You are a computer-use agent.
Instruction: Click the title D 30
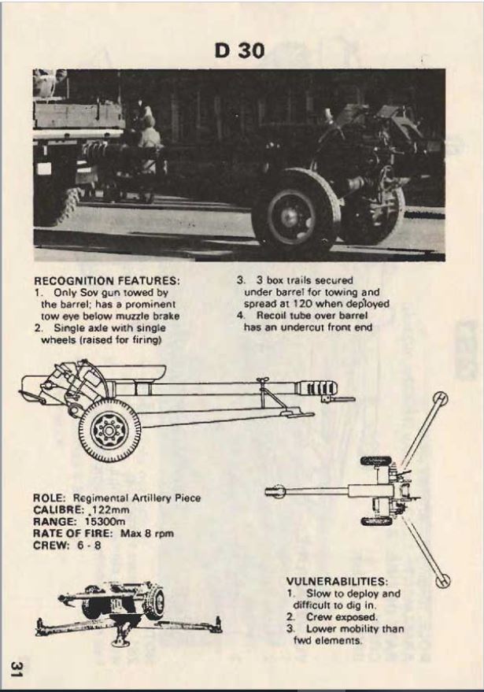pyautogui.click(x=239, y=51)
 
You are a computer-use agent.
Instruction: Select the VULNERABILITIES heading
pyautogui.click(x=337, y=581)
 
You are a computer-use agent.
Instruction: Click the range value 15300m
pyautogui.click(x=100, y=522)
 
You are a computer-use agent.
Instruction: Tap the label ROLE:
pyautogui.click(x=50, y=498)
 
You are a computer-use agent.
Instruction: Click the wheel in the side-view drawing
pyautogui.click(x=109, y=430)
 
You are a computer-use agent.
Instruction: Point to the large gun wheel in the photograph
pyautogui.click(x=295, y=215)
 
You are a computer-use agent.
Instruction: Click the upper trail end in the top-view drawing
pyautogui.click(x=441, y=398)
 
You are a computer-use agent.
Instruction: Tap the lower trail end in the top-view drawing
pyautogui.click(x=443, y=581)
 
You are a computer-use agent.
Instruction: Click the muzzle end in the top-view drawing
pyautogui.click(x=275, y=492)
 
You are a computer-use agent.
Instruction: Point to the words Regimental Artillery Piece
pyautogui.click(x=136, y=498)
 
